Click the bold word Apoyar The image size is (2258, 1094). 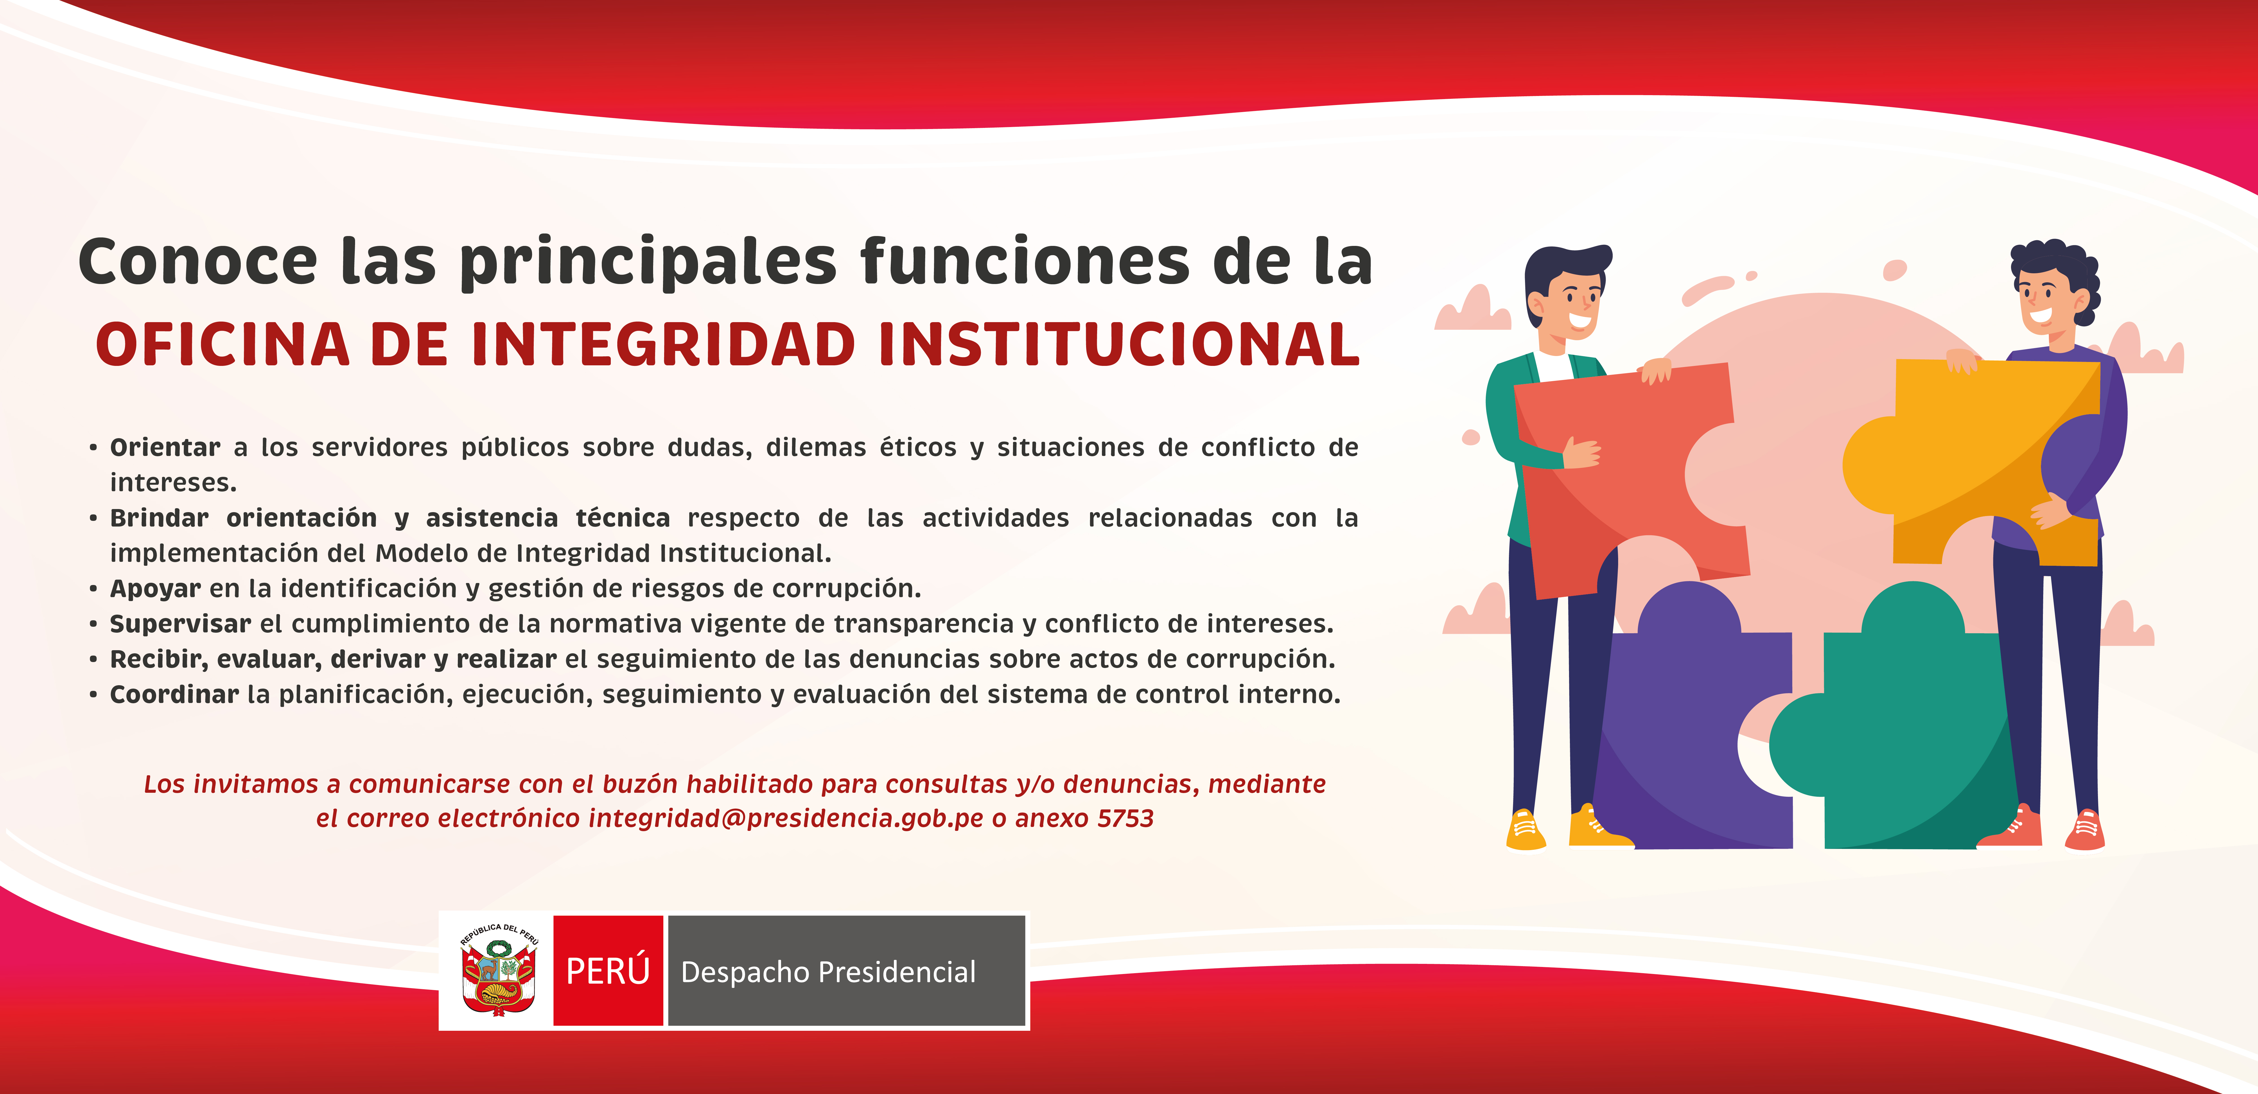point(155,589)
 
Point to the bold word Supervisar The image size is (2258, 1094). point(181,624)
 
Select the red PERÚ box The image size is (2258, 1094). point(608,970)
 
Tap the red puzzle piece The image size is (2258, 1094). point(1630,478)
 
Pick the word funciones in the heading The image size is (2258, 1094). point(1025,261)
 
